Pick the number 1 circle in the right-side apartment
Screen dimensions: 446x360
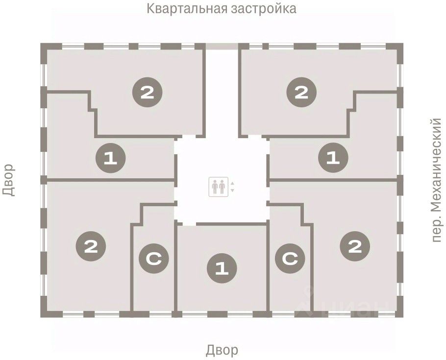[x=333, y=158]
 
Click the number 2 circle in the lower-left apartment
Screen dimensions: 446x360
[x=91, y=246]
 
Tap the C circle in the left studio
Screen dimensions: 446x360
[x=153, y=260]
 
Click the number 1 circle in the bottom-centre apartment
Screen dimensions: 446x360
[x=222, y=268]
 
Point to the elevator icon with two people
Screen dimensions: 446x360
[x=219, y=187]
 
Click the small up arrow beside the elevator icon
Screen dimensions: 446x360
[x=233, y=184]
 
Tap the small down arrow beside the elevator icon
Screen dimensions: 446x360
[x=233, y=190]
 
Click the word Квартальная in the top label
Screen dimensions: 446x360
[x=185, y=9]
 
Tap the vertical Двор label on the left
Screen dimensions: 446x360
[x=9, y=180]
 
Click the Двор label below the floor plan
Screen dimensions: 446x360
[x=222, y=350]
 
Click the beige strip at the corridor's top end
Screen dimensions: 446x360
[x=222, y=46]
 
